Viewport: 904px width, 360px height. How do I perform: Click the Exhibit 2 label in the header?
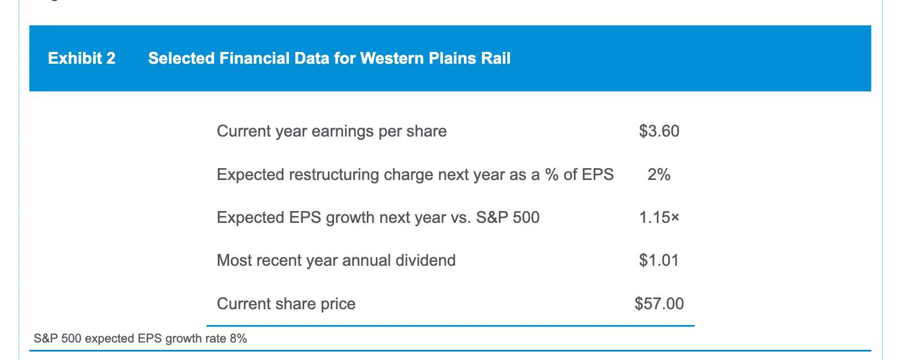pyautogui.click(x=82, y=58)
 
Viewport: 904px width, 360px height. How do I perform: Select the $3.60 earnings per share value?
pyautogui.click(x=659, y=131)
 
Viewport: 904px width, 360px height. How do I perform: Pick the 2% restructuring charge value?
pyautogui.click(x=659, y=174)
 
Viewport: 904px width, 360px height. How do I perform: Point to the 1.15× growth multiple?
pyautogui.click(x=659, y=218)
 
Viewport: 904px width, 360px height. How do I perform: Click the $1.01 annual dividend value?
pyautogui.click(x=659, y=260)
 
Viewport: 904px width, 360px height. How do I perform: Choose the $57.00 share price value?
pyautogui.click(x=659, y=304)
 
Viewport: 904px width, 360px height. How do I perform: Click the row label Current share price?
pyautogui.click(x=286, y=304)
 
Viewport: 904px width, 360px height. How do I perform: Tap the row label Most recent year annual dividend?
pyautogui.click(x=336, y=261)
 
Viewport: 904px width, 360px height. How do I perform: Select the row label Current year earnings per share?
pyautogui.click(x=332, y=131)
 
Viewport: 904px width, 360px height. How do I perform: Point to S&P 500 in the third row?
pyautogui.click(x=508, y=218)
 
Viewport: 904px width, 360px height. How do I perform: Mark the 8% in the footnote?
pyautogui.click(x=238, y=338)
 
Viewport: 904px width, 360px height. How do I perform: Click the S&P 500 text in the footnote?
pyautogui.click(x=58, y=338)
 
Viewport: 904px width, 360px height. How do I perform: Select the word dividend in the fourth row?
pyautogui.click(x=425, y=260)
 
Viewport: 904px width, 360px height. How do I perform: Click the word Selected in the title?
pyautogui.click(x=181, y=58)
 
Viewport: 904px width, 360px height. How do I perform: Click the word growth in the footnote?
pyautogui.click(x=183, y=339)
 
